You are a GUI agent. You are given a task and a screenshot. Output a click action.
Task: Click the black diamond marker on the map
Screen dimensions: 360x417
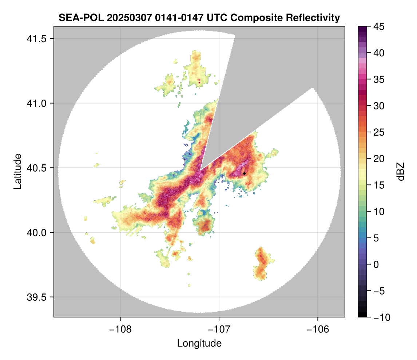pos(244,173)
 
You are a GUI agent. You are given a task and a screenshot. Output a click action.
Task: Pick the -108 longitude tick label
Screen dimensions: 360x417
pos(120,329)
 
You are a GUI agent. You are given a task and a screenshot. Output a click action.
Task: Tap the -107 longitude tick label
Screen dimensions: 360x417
pos(219,329)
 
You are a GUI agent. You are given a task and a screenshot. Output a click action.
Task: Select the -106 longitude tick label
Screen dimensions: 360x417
pos(318,329)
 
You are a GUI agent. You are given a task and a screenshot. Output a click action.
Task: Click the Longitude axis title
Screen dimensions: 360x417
pos(199,343)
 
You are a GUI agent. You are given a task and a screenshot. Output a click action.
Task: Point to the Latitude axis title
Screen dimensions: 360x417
pos(17,171)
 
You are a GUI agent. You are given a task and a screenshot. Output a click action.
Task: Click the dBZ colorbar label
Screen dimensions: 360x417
pos(401,171)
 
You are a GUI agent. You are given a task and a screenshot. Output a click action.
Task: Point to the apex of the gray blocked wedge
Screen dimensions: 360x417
pos(200,170)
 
